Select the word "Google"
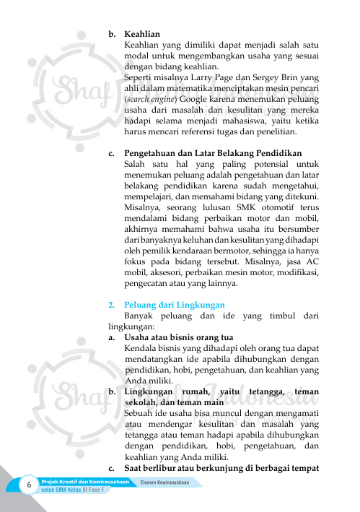pos(193,100)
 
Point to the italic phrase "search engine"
pos(150,100)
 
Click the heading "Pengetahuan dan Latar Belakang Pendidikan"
pos(212,154)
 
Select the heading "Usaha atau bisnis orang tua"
pos(178,337)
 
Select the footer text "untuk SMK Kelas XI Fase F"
pos(73,490)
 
